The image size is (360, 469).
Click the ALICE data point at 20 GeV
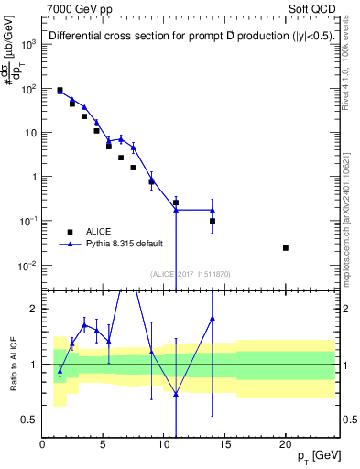(286, 248)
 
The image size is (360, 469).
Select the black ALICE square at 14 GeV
(213, 221)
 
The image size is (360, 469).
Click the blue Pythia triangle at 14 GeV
(213, 210)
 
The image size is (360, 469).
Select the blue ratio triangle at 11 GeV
(176, 394)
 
